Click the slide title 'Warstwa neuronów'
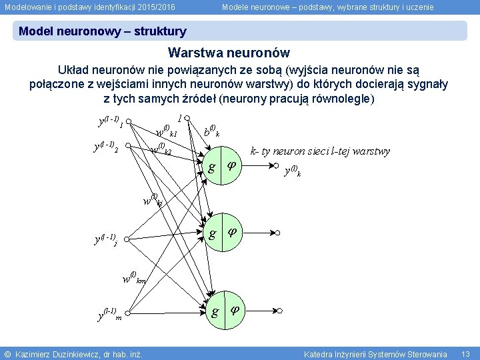(229, 53)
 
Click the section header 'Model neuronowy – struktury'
(103, 31)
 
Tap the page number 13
(465, 353)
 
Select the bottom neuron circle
(224, 311)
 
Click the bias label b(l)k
(211, 131)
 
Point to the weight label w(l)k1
(165, 129)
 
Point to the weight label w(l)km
(134, 278)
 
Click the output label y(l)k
(292, 171)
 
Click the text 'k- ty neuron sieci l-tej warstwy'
(320, 151)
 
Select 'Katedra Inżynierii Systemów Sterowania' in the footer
(375, 353)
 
